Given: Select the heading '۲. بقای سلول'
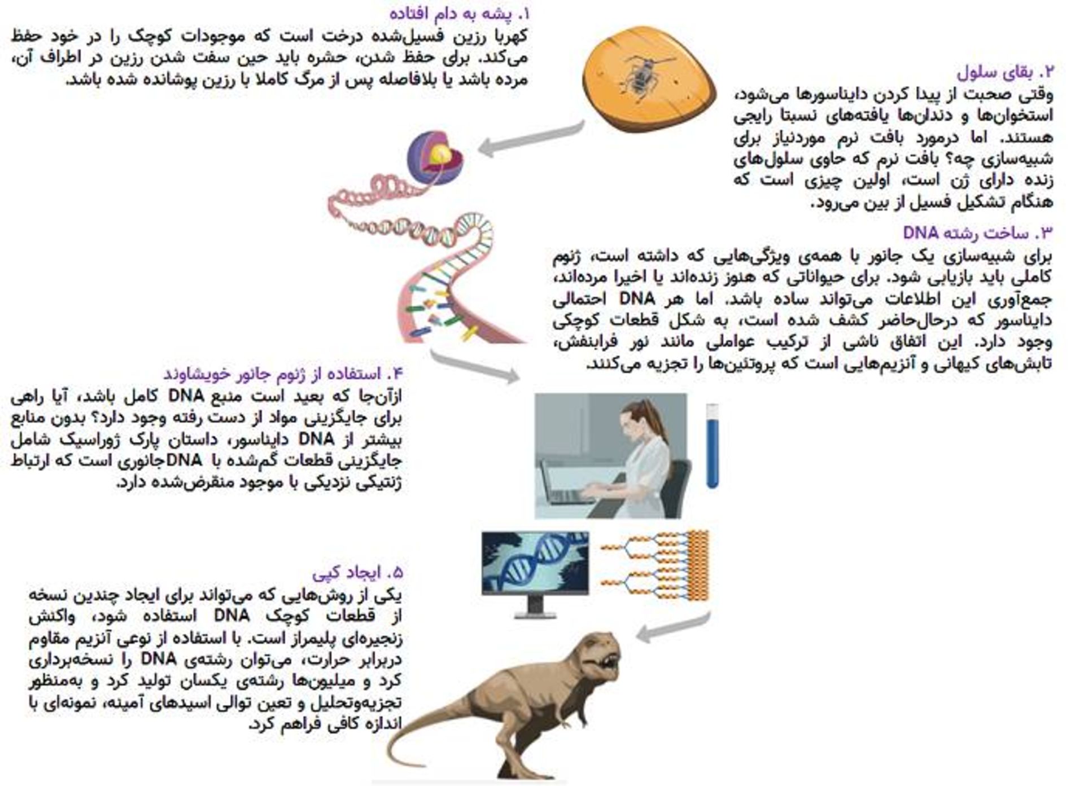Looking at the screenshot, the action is tap(1005, 72).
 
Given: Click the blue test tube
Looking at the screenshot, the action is tap(713, 446).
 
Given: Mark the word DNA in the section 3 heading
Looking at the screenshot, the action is tap(920, 232).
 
